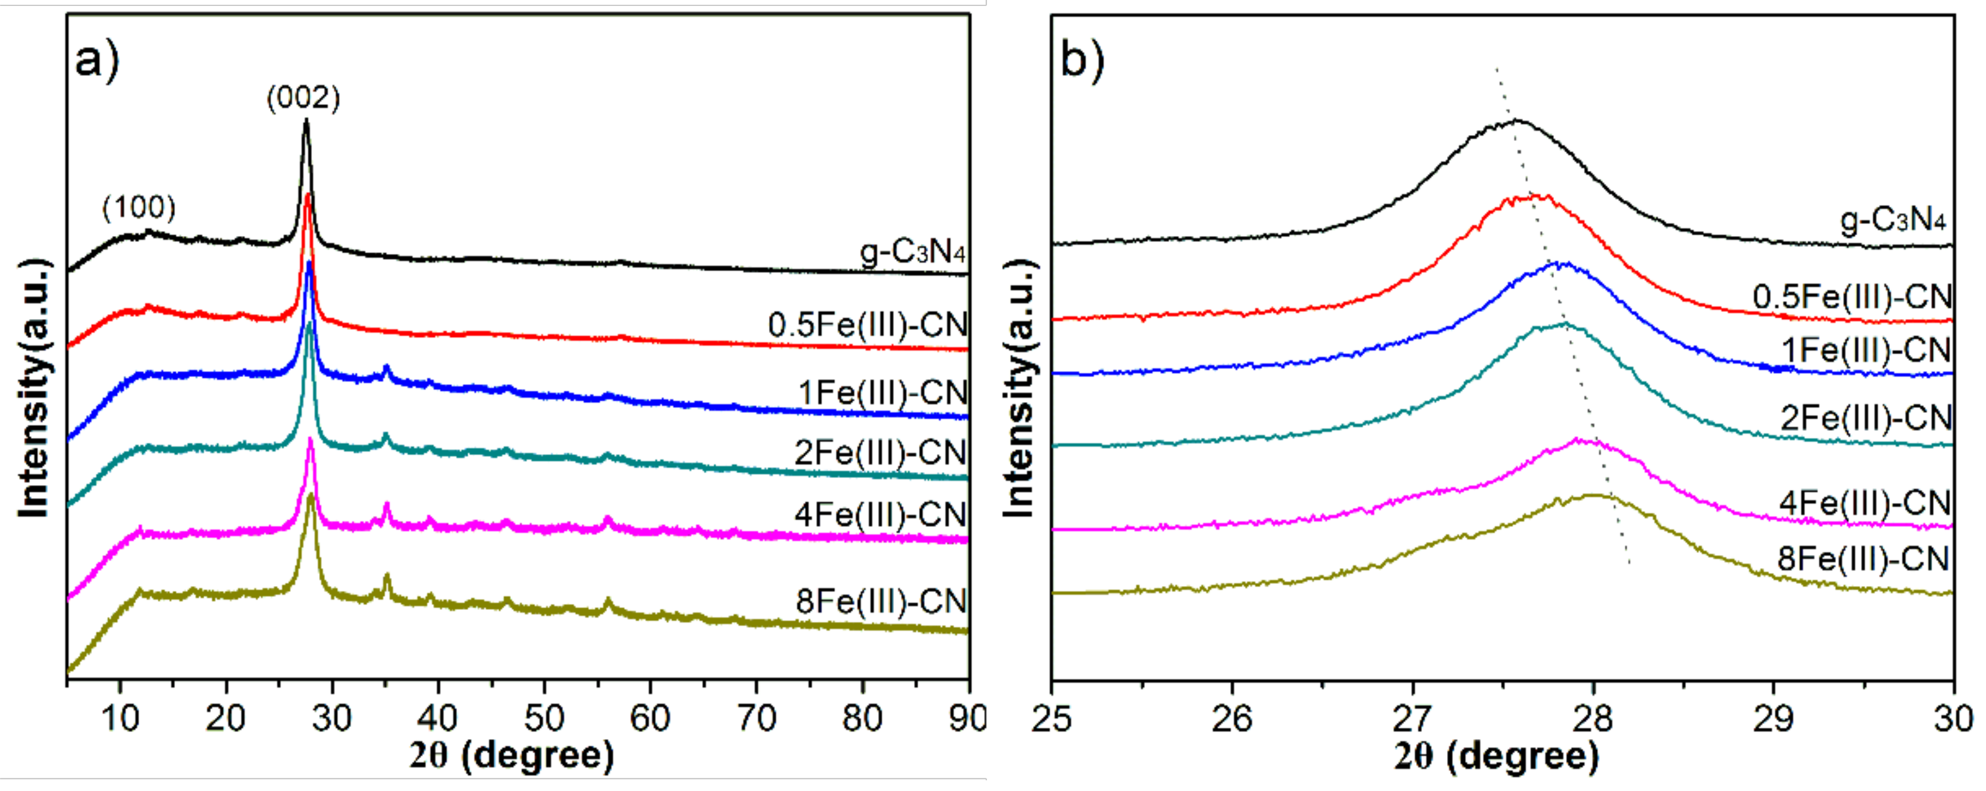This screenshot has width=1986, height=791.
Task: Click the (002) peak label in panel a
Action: [x=303, y=98]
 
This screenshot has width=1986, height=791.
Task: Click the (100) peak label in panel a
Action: [x=139, y=207]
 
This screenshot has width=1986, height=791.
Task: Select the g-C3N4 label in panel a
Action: [x=913, y=252]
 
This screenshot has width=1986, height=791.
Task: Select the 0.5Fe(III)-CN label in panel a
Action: [x=868, y=324]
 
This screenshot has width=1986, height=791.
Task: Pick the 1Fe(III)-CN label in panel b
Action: [x=1866, y=350]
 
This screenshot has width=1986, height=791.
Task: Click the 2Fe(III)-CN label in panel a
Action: [x=881, y=452]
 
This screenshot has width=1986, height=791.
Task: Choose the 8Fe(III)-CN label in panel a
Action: [x=881, y=600]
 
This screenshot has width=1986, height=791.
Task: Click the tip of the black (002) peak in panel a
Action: [x=306, y=120]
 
